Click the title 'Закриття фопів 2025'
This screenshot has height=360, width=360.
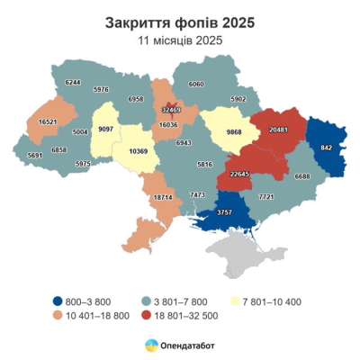(x=180, y=19)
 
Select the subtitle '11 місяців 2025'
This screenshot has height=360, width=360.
(x=180, y=40)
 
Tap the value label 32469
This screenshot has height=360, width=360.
(x=171, y=110)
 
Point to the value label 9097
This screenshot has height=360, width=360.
(x=106, y=128)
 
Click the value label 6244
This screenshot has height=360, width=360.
(x=73, y=82)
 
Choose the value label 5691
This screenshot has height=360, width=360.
(x=35, y=155)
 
